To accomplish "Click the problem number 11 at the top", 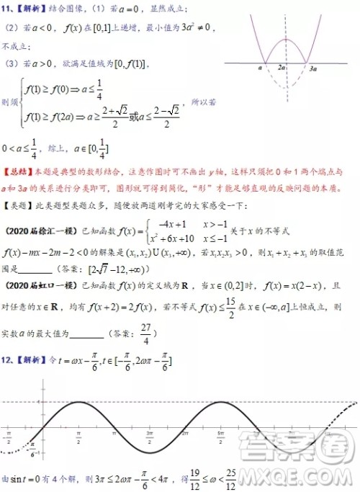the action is click(9, 8).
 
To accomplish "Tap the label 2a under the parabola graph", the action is click(284, 67).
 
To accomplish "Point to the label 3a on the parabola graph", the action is click(312, 67).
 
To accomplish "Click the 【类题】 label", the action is click(18, 205).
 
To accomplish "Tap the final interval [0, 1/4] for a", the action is click(95, 151).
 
